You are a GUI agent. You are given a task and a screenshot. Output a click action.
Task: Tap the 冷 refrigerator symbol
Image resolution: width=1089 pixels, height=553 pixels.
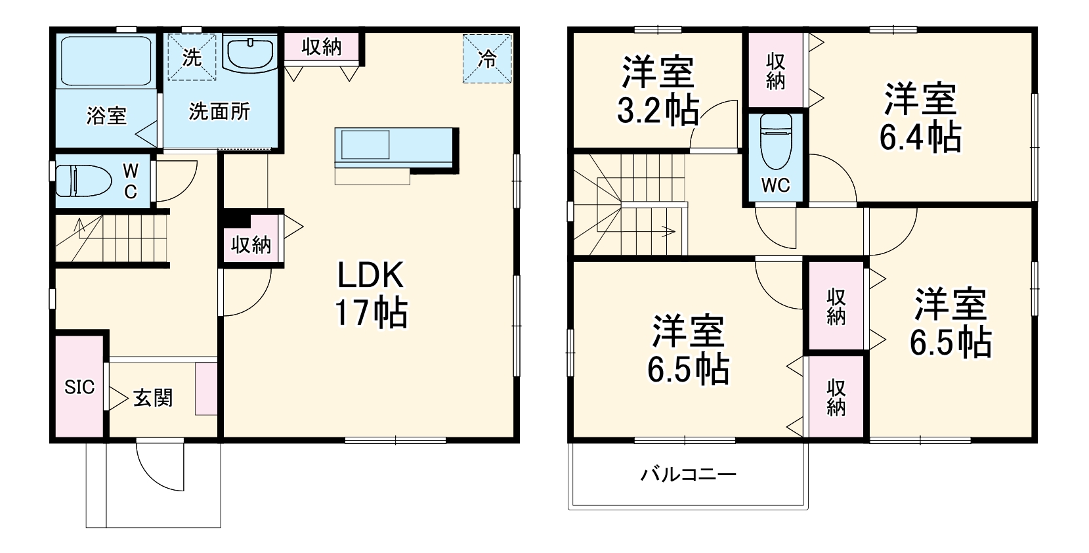click(487, 59)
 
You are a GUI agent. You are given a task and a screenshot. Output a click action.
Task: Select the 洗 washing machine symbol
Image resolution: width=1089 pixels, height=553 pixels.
click(191, 57)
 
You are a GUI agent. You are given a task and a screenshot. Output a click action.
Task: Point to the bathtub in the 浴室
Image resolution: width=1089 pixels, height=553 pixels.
click(106, 61)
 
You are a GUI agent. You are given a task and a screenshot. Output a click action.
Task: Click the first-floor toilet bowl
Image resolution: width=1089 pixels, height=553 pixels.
click(81, 180)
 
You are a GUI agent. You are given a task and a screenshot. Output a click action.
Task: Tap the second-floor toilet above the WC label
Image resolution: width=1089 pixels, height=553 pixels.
click(775, 141)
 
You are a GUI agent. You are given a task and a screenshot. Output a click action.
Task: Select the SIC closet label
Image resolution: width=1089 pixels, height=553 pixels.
click(79, 387)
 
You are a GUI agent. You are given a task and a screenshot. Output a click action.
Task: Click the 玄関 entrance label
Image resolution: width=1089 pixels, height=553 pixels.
click(153, 398)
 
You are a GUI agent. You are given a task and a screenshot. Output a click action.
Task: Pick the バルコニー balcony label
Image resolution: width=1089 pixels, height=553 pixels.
click(688, 474)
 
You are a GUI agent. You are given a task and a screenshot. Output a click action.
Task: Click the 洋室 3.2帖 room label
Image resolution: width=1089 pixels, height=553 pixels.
click(658, 91)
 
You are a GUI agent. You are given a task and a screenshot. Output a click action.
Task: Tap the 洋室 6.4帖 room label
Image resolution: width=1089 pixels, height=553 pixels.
click(920, 118)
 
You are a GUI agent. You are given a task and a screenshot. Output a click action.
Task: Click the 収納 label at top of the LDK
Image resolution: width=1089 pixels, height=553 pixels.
click(322, 47)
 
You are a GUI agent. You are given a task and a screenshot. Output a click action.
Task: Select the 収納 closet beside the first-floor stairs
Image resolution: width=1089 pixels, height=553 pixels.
click(251, 245)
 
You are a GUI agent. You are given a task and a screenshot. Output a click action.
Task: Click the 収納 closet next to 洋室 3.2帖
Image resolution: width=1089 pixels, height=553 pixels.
click(775, 71)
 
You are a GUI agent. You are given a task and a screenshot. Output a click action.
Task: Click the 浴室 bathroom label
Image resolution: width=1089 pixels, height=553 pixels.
click(106, 116)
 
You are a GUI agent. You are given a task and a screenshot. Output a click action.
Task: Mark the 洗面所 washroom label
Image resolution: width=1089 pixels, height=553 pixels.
click(219, 112)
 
